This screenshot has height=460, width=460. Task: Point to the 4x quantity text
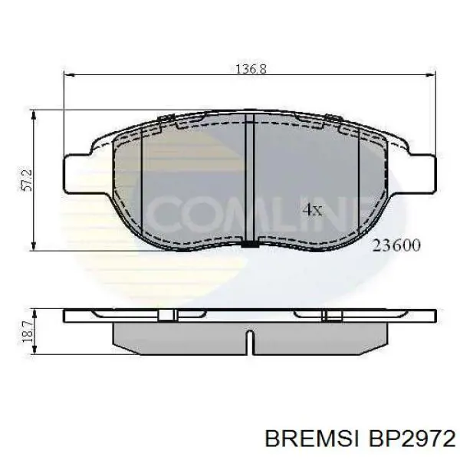[311, 209]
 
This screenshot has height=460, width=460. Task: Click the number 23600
[396, 245]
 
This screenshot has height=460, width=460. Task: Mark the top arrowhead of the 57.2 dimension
[34, 113]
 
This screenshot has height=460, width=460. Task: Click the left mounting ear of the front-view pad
[77, 170]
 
